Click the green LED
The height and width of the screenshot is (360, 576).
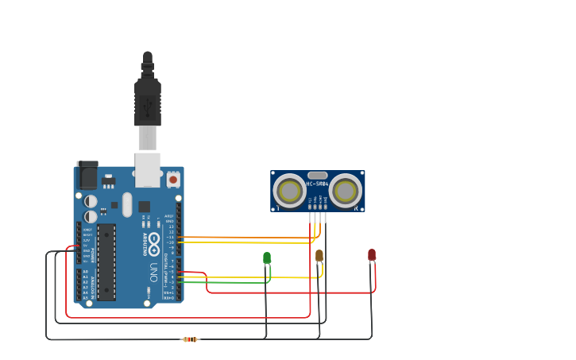267,257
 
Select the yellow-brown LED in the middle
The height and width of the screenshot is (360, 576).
319,255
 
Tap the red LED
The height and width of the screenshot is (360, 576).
372,254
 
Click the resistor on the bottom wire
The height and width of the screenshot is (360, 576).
190,339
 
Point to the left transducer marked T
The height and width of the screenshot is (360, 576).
289,191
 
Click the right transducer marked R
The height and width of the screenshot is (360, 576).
346,191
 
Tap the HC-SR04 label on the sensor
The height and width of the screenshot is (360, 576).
317,184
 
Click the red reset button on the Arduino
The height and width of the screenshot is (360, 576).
173,180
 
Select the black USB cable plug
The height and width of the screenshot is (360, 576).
148,99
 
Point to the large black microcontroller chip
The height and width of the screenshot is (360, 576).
106,262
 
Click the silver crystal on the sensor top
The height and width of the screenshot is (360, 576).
317,175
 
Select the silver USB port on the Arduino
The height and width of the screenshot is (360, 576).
148,169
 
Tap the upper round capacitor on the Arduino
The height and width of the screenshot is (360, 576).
91,201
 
